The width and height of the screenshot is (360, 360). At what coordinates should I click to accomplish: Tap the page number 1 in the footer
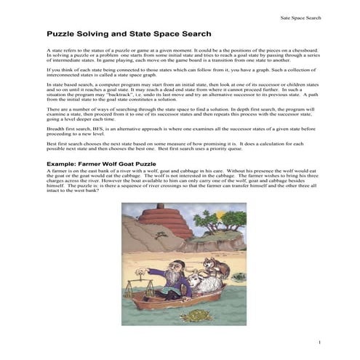click(x=320, y=342)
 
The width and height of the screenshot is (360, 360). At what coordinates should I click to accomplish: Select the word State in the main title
click(x=136, y=33)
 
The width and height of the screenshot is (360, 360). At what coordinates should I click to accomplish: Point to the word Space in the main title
click(x=164, y=33)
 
